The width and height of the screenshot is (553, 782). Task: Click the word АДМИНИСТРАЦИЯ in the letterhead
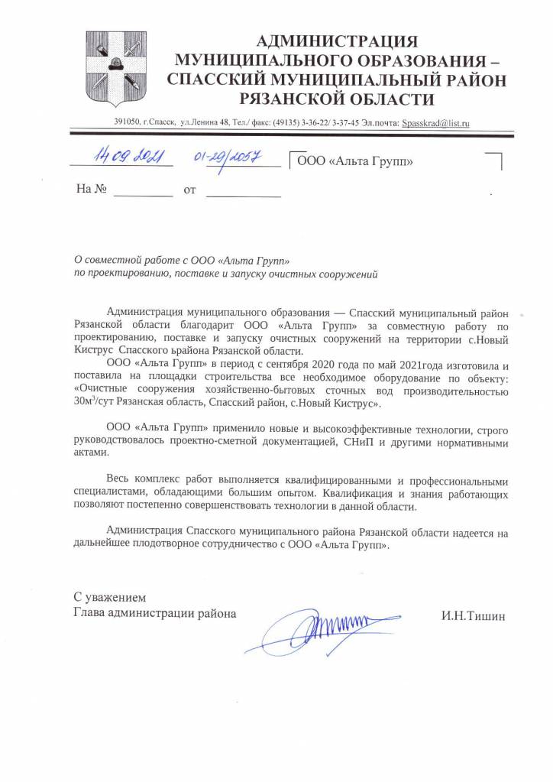pos(336,41)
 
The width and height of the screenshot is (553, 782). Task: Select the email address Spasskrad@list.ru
pos(435,122)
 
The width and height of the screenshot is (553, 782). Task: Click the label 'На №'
pos(89,188)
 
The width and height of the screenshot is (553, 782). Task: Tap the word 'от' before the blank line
pos(190,189)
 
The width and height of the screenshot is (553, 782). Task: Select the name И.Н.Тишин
pos(473,614)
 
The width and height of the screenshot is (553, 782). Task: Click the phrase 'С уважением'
pos(108,596)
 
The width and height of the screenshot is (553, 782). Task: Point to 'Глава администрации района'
pos(155,613)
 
